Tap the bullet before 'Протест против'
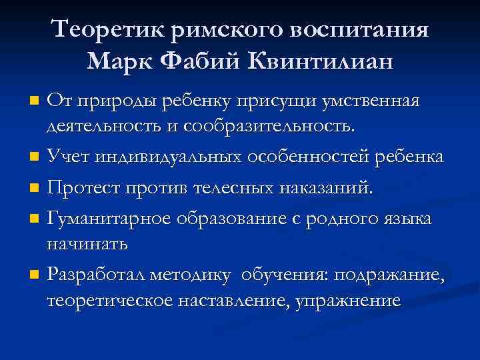point(35,189)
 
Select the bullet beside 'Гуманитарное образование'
point(35,218)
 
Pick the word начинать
point(87,243)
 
